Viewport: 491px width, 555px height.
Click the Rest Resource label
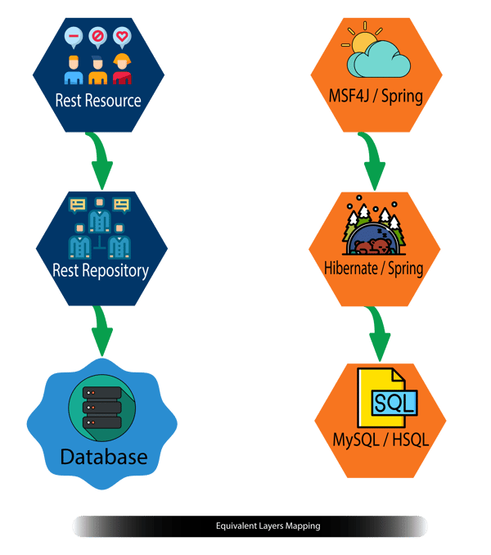[98, 102]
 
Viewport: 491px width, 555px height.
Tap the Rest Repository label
[100, 269]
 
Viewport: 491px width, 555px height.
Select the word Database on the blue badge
[102, 456]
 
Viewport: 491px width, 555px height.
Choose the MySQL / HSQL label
[381, 440]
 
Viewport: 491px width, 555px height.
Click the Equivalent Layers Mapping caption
[268, 526]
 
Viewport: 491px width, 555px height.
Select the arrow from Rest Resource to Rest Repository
[101, 161]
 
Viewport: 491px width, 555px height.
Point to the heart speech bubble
[122, 36]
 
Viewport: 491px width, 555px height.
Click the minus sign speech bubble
[73, 37]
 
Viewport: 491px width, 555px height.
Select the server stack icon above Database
[101, 406]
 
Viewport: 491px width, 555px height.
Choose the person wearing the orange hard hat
[122, 70]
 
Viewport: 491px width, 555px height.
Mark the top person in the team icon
[100, 214]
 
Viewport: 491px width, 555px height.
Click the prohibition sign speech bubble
[97, 36]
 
